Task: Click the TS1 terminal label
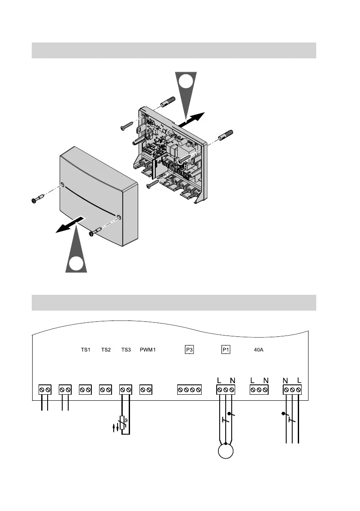[x=86, y=350]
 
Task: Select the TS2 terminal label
[x=106, y=350]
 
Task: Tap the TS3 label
[x=126, y=350]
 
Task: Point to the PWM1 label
[x=148, y=350]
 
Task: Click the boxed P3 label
[x=189, y=350]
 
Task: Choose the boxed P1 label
[x=226, y=350]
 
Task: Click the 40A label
[x=259, y=350]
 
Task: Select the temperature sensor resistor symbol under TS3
[x=122, y=422]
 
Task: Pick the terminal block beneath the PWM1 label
[x=146, y=390]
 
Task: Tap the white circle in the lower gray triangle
[x=76, y=263]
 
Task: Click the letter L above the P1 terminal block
[x=219, y=380]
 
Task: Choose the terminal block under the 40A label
[x=259, y=390]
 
